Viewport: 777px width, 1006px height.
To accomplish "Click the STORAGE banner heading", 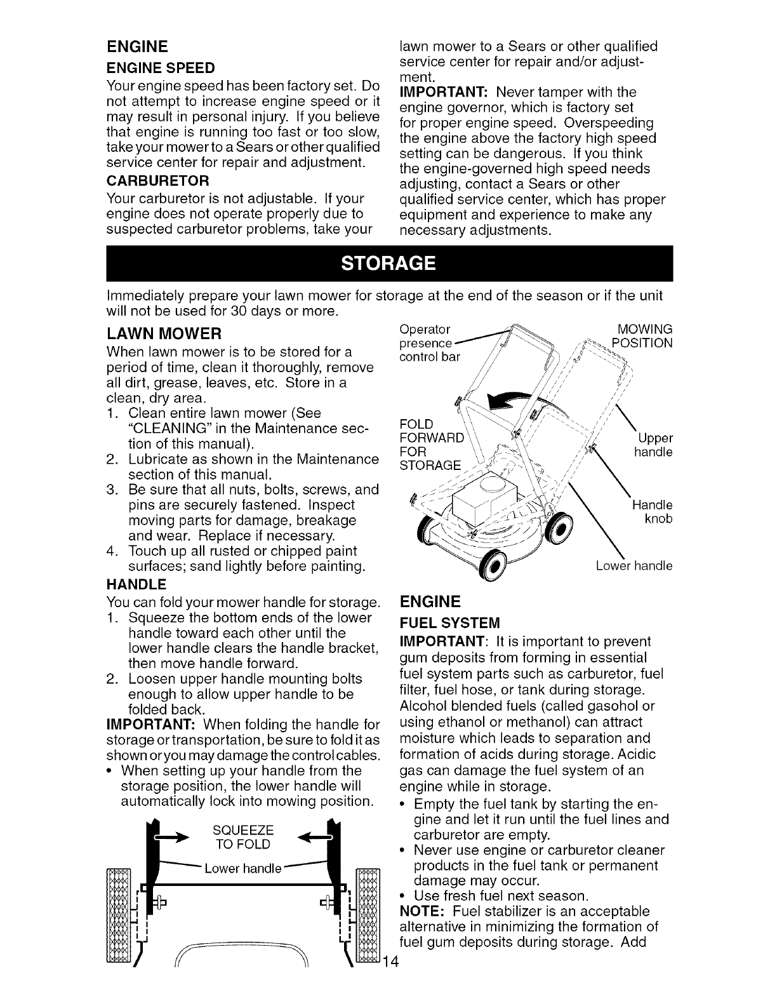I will pos(388,263).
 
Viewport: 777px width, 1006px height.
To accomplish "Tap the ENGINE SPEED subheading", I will pos(161,67).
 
